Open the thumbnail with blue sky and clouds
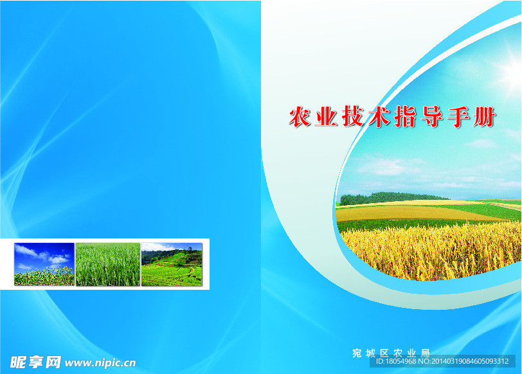coord(44,264)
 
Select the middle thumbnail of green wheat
coord(108,264)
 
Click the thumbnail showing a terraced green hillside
coord(172,264)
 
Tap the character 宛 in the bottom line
coord(357,353)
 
